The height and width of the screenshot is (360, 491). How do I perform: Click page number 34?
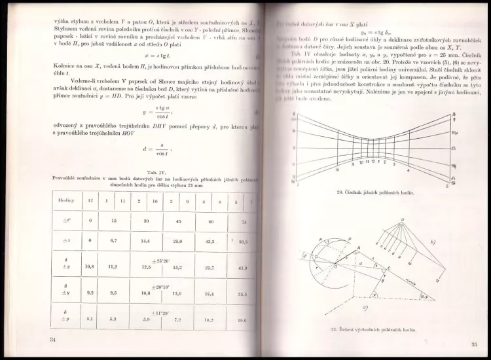click(x=53, y=340)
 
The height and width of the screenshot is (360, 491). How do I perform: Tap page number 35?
click(x=474, y=344)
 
